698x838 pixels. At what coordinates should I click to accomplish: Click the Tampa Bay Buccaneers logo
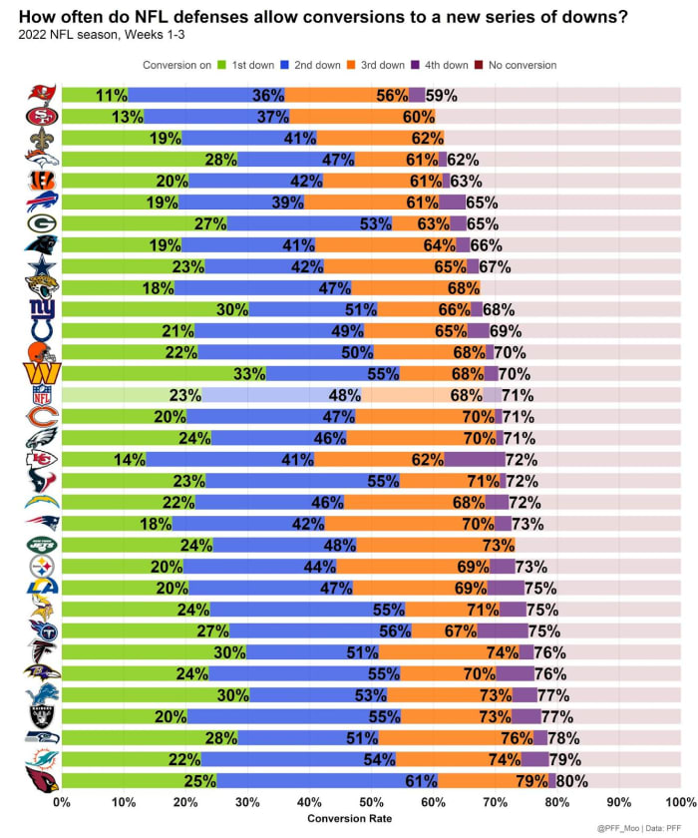tap(42, 95)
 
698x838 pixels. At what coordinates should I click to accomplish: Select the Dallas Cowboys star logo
tap(42, 266)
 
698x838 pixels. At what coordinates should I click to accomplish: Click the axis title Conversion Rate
tap(371, 819)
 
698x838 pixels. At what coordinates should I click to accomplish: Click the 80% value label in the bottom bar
tap(571, 781)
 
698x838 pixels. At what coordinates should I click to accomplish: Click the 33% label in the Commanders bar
tap(249, 374)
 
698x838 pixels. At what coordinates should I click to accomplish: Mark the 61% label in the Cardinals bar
tap(421, 781)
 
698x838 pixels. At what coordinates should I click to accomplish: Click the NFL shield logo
tap(42, 395)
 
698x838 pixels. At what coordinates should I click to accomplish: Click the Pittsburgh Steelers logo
tap(42, 566)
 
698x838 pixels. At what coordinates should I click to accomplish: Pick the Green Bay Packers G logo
tap(42, 223)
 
